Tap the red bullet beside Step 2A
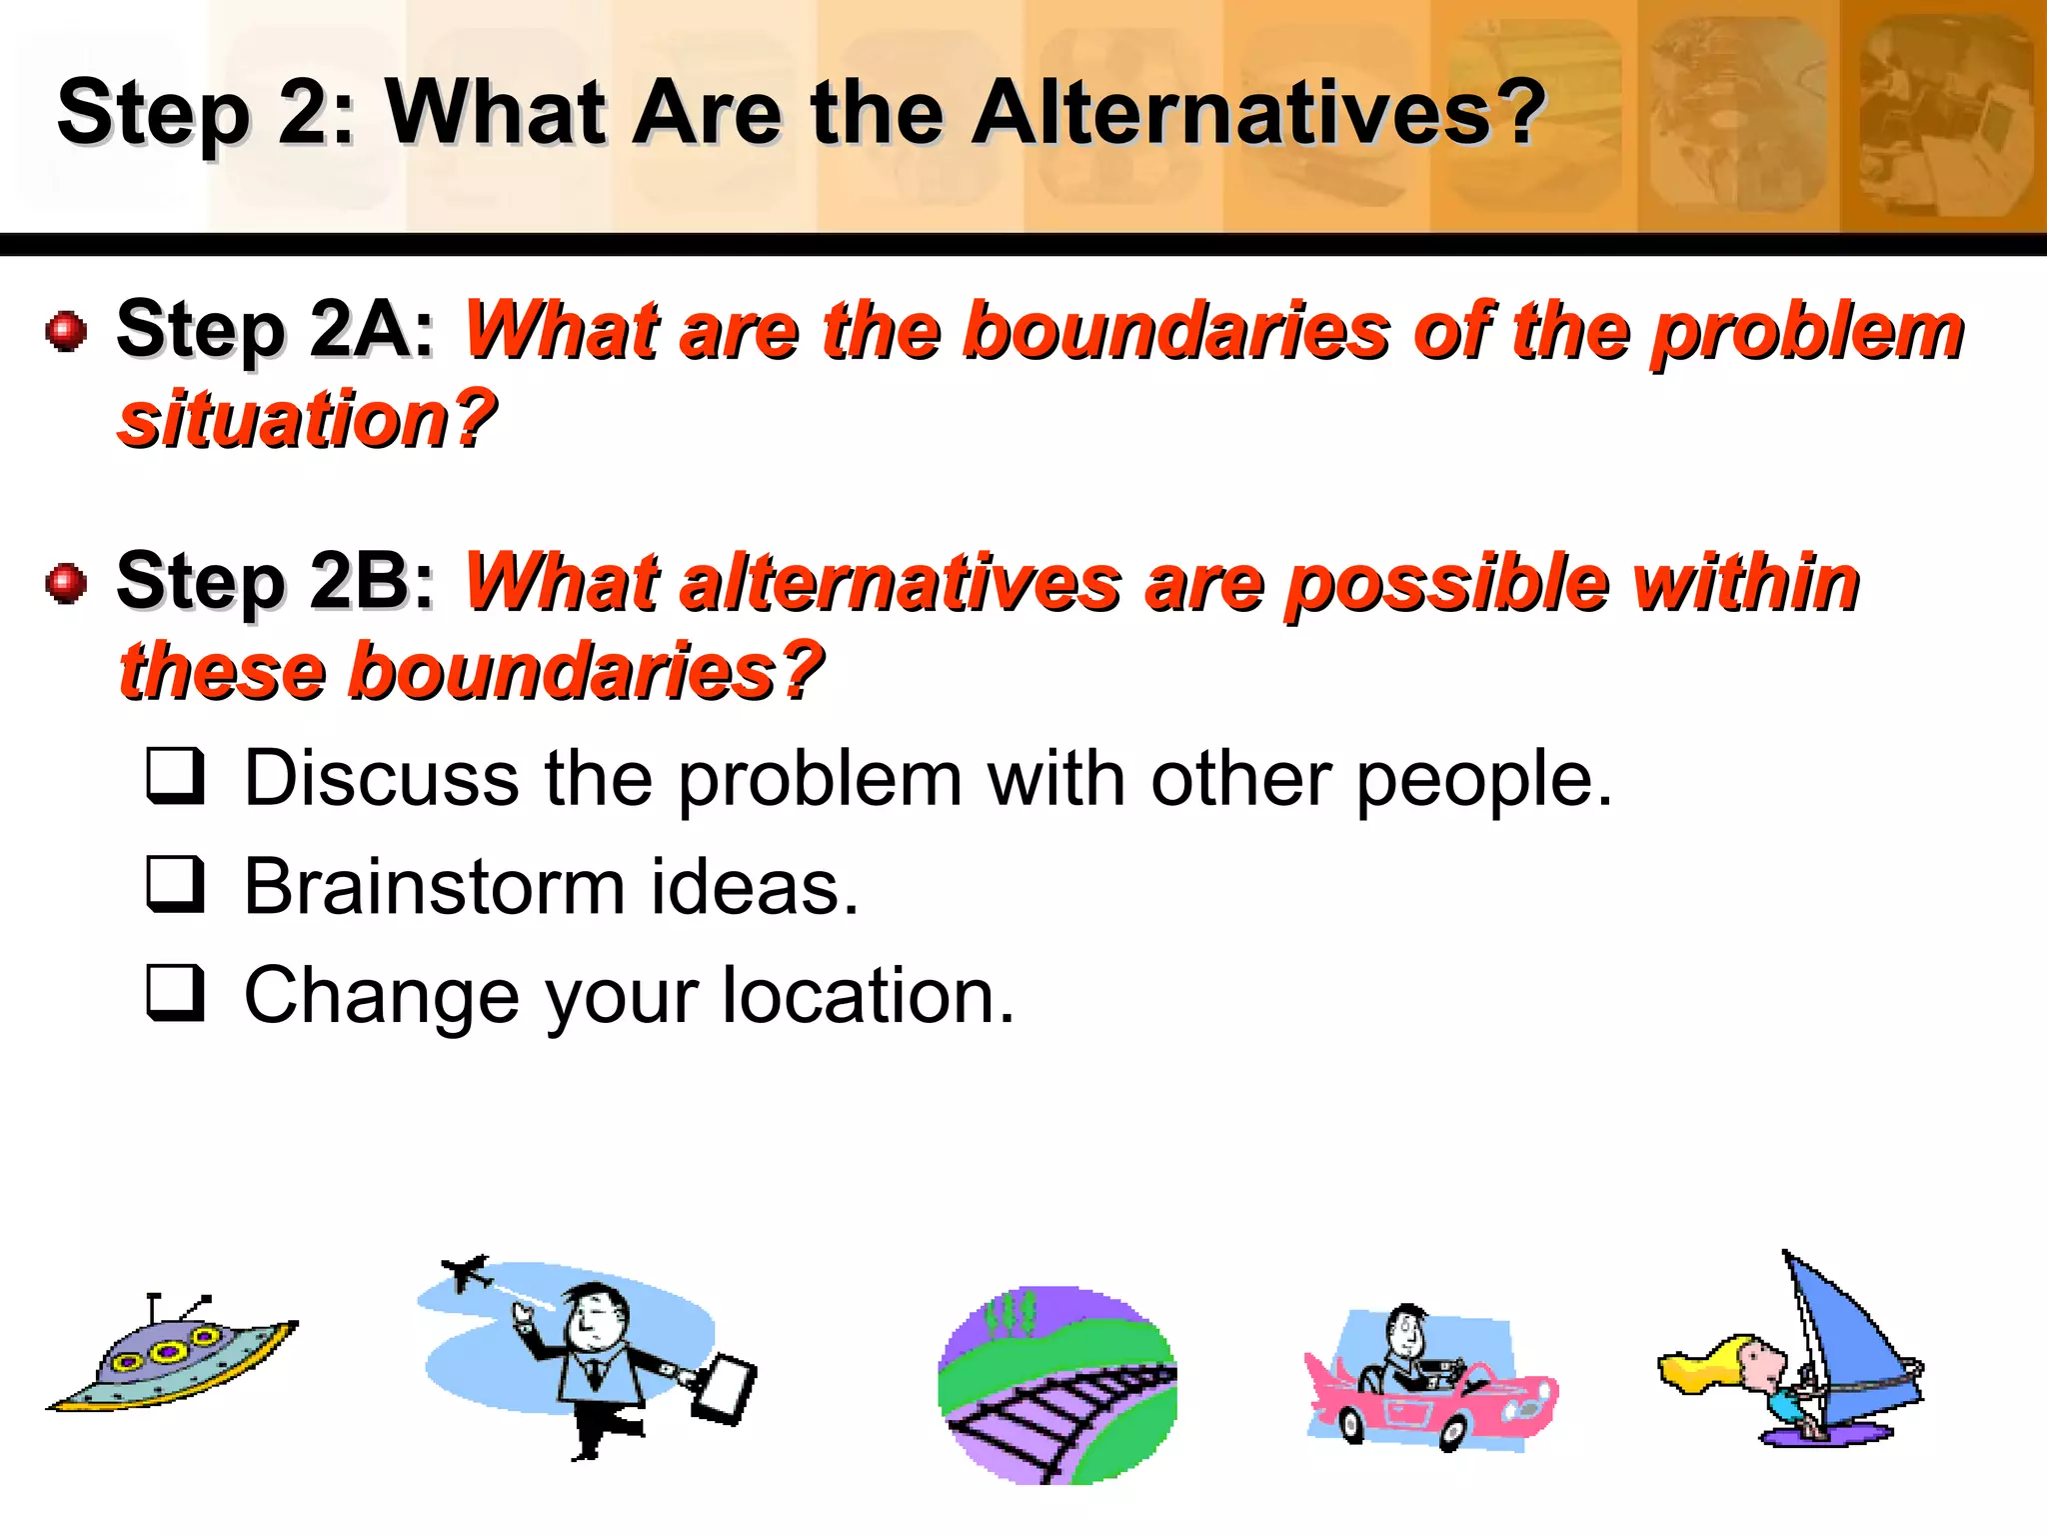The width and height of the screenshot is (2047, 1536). click(67, 330)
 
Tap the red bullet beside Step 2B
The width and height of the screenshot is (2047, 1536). click(67, 582)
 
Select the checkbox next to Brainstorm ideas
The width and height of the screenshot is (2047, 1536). click(176, 884)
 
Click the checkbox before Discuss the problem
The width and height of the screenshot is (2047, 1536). click(176, 776)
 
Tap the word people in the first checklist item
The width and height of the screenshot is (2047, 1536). click(1483, 780)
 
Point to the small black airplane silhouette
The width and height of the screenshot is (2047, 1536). click(465, 1272)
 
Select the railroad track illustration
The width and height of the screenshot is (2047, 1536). click(1056, 1385)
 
